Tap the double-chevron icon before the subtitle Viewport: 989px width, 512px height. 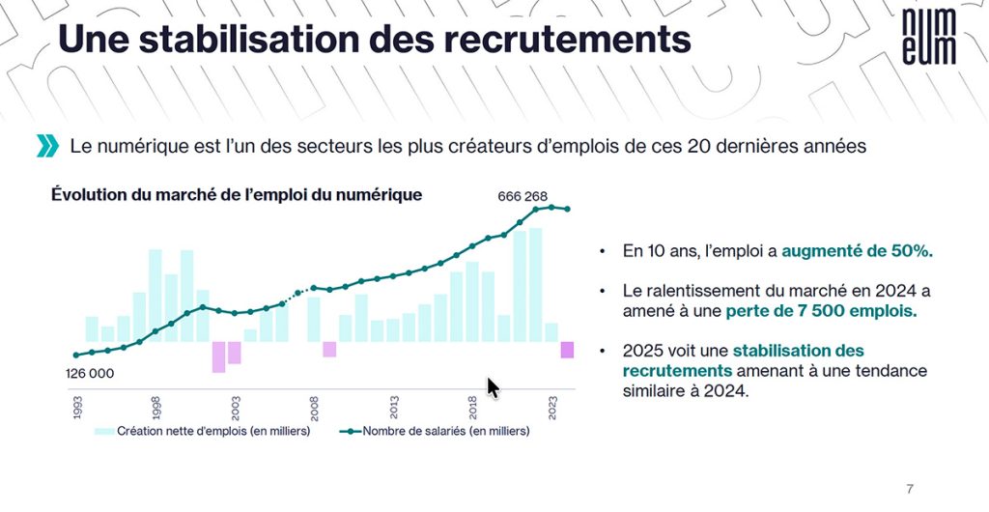47,147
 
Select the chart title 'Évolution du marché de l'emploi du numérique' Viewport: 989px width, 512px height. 236,194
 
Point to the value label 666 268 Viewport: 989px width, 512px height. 523,196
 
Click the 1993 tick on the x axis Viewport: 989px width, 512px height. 76,406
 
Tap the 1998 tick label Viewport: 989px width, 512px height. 155,406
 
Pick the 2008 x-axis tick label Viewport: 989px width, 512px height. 314,406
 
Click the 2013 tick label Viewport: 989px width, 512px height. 394,406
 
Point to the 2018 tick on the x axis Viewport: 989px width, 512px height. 473,406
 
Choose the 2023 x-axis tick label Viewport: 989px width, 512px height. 552,406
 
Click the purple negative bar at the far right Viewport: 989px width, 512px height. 567,350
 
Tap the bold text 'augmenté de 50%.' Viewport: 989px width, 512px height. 857,251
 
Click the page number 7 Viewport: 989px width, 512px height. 909,487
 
